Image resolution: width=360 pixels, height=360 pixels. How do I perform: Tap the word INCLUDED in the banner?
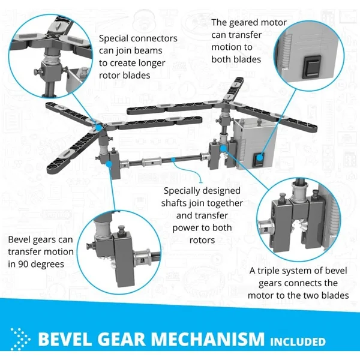298,341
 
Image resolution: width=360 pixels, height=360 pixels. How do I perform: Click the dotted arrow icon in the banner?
20,339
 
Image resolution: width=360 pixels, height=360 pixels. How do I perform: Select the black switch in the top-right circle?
313,67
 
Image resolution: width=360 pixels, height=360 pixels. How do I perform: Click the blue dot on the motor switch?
260,158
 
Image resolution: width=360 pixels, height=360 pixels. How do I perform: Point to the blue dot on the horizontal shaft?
174,159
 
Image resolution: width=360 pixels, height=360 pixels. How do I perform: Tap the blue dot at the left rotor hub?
99,127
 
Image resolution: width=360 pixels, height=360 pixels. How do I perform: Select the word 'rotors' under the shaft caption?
202,241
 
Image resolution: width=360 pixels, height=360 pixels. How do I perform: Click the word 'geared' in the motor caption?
243,23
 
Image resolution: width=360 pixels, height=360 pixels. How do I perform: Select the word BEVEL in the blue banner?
65,339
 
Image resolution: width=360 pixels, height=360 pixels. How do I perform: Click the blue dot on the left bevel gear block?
109,164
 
